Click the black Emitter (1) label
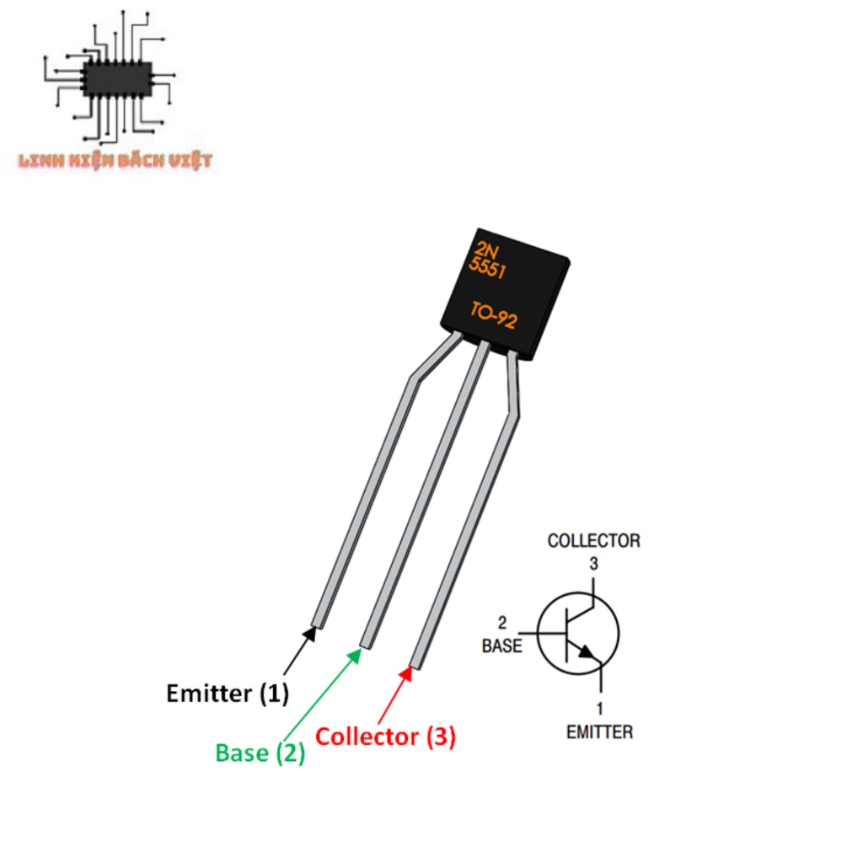tap(228, 694)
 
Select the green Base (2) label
tap(260, 753)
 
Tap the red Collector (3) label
tap(385, 737)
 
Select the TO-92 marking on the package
tap(493, 316)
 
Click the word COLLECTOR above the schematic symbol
tap(593, 540)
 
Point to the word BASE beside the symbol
tap(501, 646)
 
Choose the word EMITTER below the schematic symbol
tap(599, 732)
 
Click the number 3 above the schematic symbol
tap(593, 564)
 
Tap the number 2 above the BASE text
tap(502, 624)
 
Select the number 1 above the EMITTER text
tap(600, 709)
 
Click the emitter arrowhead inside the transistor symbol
tap(587, 652)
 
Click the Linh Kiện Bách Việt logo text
tap(115, 160)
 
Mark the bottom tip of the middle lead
tap(366, 644)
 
